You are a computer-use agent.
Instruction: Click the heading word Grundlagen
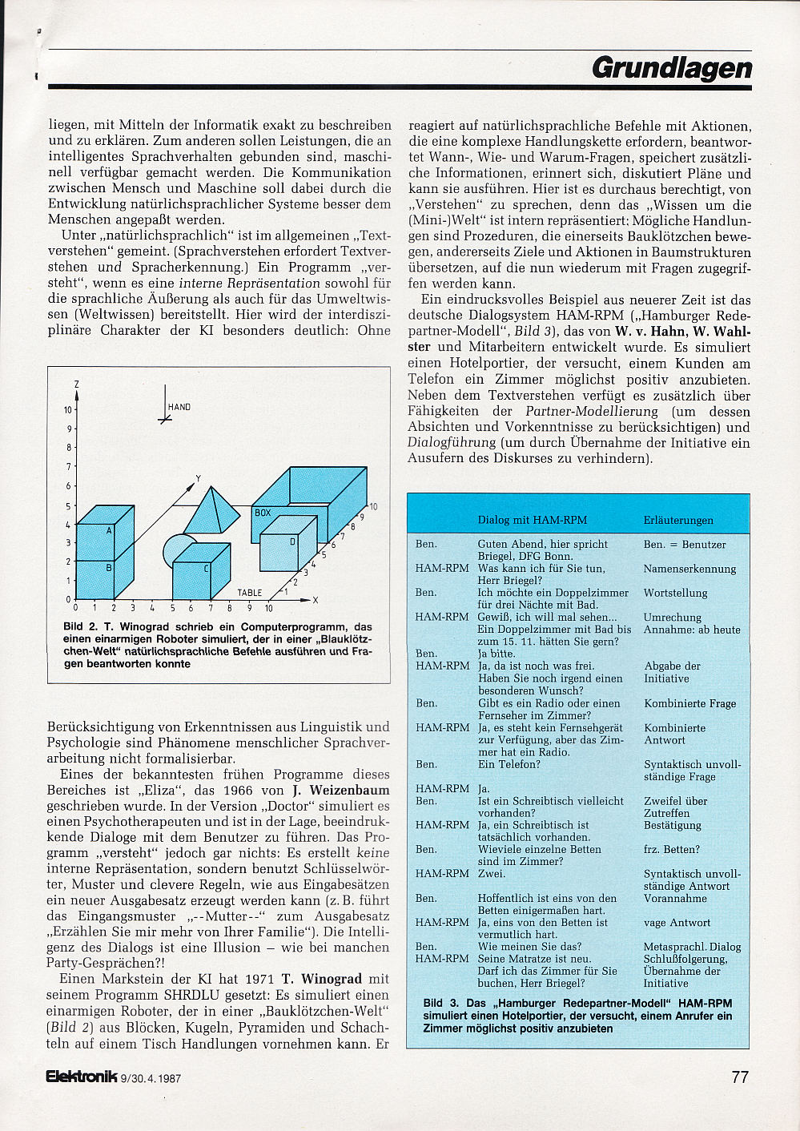672,68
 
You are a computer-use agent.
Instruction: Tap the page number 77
740,1077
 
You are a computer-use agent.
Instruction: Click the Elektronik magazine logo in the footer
82,1077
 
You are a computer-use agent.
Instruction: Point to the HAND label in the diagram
179,407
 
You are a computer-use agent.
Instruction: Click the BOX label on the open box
263,513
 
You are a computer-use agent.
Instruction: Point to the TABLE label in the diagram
249,593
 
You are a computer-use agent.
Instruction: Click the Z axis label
76,384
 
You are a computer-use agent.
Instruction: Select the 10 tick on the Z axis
68,410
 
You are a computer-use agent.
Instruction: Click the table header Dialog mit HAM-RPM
533,520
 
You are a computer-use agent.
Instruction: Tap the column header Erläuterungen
678,520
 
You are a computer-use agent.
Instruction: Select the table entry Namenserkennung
689,569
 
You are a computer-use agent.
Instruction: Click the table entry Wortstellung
675,593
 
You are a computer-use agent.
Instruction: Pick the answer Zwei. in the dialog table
491,873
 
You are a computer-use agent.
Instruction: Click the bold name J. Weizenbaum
340,790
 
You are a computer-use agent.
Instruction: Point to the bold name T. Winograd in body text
322,979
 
